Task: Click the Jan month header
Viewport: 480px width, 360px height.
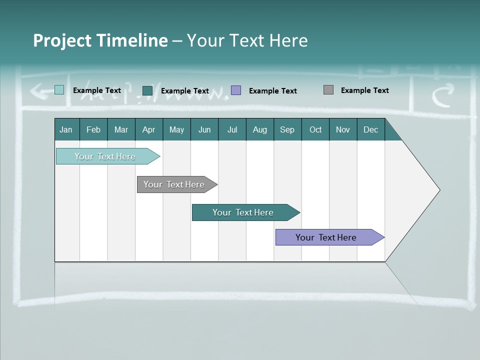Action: pyautogui.click(x=66, y=129)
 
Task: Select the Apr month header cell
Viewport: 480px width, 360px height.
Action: pyautogui.click(x=148, y=129)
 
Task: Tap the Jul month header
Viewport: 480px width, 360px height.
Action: pyautogui.click(x=232, y=129)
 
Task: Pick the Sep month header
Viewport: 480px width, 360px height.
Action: pyautogui.click(x=287, y=129)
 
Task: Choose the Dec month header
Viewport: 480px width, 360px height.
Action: pyautogui.click(x=370, y=129)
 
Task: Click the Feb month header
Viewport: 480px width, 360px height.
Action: pyautogui.click(x=93, y=129)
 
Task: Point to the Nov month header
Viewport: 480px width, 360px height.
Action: pyautogui.click(x=342, y=129)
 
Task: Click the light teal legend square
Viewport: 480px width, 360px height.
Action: pyautogui.click(x=59, y=90)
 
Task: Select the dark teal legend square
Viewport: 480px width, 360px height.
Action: pyautogui.click(x=147, y=90)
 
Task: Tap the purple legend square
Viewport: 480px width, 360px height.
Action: pyautogui.click(x=236, y=90)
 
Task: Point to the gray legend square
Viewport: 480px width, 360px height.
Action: pyautogui.click(x=328, y=90)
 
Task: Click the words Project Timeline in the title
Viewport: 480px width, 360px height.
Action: pyautogui.click(x=100, y=40)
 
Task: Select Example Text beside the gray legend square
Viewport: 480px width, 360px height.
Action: pyautogui.click(x=364, y=90)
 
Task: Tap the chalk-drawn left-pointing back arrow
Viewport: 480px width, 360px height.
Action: pyautogui.click(x=39, y=90)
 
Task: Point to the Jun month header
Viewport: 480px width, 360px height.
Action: pyautogui.click(x=204, y=129)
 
